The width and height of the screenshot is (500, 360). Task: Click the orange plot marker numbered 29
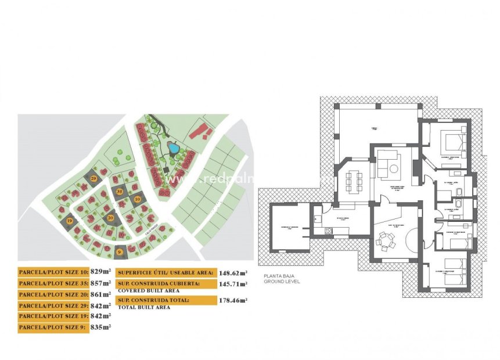pos(94,178)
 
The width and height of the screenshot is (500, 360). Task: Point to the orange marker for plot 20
pos(110,218)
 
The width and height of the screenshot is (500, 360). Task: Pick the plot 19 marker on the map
pos(70,221)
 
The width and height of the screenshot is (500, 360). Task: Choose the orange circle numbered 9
pos(120,251)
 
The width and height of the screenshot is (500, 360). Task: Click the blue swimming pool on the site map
pos(172,148)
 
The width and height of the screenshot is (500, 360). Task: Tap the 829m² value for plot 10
pos(100,271)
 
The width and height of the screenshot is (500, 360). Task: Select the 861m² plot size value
pos(100,294)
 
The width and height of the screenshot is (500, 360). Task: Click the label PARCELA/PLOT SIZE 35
pos(53,283)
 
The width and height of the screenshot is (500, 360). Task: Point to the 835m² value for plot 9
pos(100,327)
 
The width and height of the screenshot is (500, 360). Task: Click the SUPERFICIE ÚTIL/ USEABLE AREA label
pos(166,272)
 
